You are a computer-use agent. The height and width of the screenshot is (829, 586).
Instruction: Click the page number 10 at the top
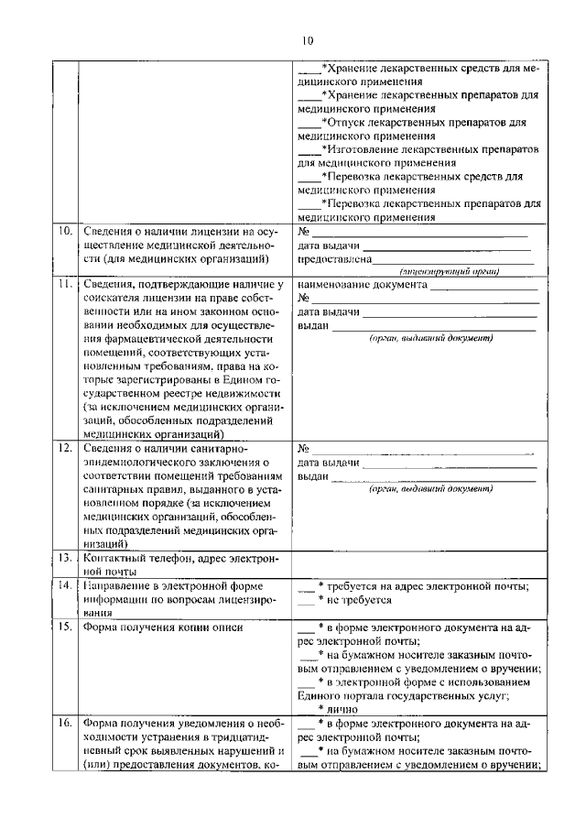tap(307, 39)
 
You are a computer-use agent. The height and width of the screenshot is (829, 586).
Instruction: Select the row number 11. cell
tap(65, 285)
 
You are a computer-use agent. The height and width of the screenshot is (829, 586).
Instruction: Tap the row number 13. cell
tap(65, 557)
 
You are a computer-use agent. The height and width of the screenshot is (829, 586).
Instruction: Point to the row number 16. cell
tap(65, 723)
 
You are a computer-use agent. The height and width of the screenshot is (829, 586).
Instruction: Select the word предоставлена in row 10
tap(334, 259)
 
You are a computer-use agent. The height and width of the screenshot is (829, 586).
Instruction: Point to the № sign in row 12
tap(304, 449)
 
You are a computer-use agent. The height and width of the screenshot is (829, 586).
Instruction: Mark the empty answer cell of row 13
tap(418, 563)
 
